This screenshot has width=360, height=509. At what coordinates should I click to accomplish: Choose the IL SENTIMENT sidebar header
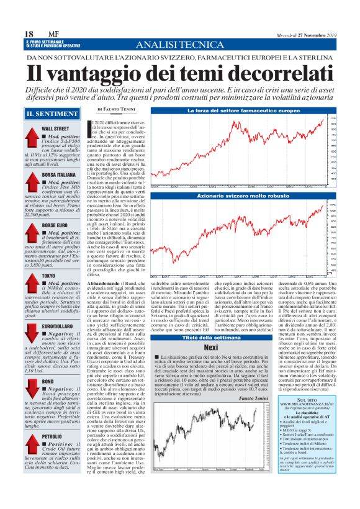coord(48,114)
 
